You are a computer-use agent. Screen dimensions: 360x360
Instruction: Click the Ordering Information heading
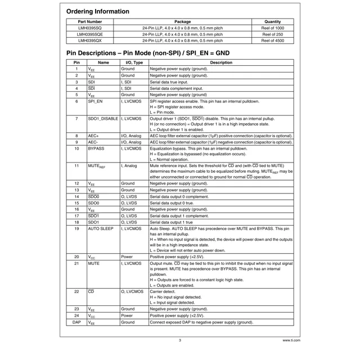point(97,11)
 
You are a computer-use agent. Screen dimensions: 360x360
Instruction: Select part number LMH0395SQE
point(89,34)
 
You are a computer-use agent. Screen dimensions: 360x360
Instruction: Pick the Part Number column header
point(89,22)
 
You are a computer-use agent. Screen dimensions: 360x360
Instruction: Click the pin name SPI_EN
point(95,102)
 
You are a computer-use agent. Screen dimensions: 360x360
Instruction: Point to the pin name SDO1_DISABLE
point(103,119)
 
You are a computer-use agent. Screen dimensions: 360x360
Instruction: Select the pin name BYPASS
point(96,149)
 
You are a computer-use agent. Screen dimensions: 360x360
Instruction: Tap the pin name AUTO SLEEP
point(101,229)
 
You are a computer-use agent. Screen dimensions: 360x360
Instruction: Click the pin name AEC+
point(93,136)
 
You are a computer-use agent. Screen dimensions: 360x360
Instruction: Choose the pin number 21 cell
point(76,263)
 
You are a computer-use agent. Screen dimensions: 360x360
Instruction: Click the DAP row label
point(76,322)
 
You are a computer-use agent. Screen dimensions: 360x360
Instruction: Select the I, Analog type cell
point(129,166)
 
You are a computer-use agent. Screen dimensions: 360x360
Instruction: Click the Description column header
point(220,62)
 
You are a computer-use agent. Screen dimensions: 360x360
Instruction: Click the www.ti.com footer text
point(291,340)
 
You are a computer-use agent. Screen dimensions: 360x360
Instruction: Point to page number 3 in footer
point(180,340)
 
